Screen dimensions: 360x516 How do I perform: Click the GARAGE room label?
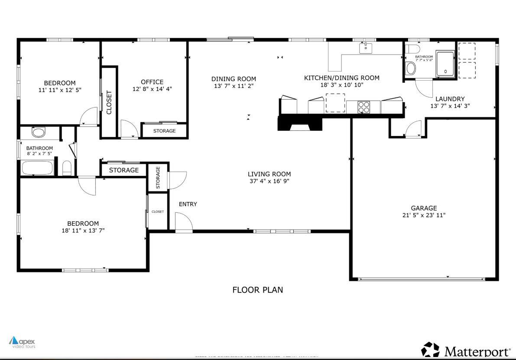[423, 208]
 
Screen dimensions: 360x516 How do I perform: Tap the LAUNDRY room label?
[450, 99]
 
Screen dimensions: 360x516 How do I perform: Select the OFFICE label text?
[152, 82]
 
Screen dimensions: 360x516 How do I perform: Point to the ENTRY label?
[188, 204]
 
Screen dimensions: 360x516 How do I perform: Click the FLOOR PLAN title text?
[258, 290]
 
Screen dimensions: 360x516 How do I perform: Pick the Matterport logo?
[466, 350]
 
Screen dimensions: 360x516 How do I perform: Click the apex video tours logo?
[22, 343]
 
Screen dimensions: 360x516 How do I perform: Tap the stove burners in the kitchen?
[363, 107]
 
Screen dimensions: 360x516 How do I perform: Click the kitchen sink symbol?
[366, 48]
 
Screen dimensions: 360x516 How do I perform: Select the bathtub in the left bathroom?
[37, 168]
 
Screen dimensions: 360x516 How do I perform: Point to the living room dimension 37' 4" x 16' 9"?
[269, 181]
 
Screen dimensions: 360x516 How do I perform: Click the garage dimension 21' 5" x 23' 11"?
[423, 215]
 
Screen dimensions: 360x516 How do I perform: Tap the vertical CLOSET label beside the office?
[109, 102]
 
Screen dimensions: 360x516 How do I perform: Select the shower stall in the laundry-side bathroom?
[445, 64]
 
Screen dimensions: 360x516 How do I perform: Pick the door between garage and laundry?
[413, 129]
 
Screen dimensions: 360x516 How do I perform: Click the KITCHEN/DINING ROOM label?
[341, 78]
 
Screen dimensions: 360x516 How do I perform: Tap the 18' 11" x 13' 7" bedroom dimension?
[83, 230]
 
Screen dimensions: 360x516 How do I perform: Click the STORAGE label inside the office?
[164, 131]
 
